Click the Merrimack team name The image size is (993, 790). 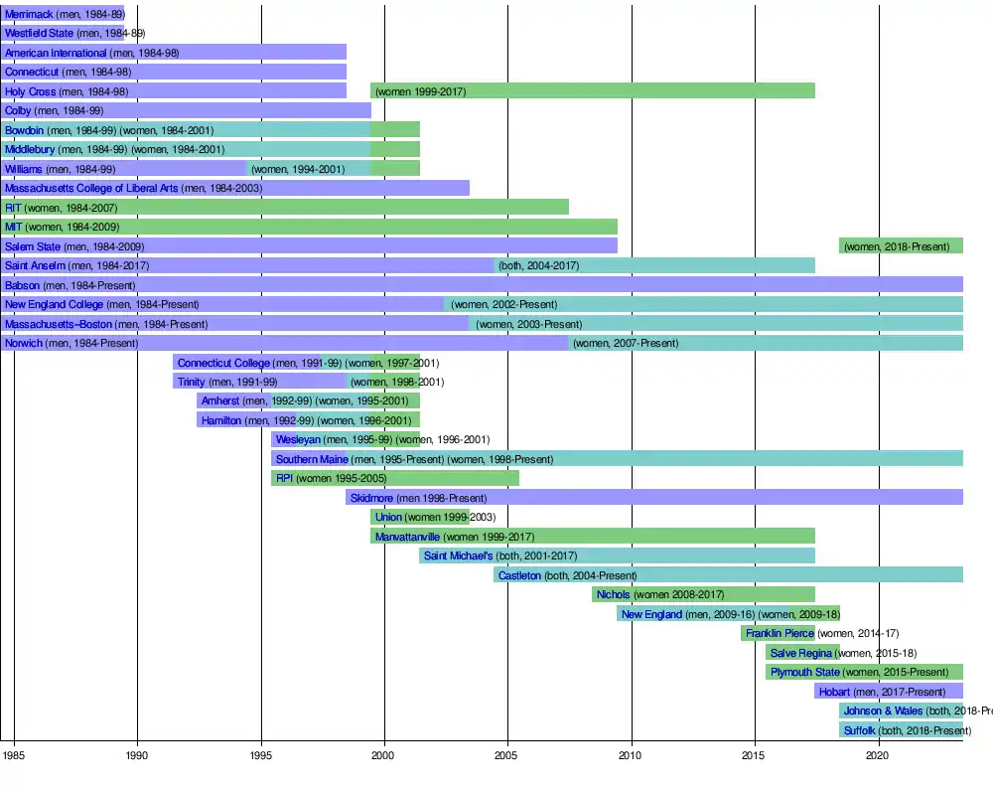point(29,14)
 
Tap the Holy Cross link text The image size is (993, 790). point(30,91)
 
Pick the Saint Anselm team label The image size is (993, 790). point(35,265)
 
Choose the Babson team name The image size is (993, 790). point(22,285)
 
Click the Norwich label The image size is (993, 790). point(24,343)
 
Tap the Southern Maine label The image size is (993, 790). point(312,459)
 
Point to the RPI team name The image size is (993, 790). point(284,478)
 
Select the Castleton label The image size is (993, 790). point(519,575)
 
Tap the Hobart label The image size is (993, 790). point(834,692)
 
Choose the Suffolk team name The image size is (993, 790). point(859,730)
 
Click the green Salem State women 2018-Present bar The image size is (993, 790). point(901,245)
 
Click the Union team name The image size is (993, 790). point(388,517)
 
